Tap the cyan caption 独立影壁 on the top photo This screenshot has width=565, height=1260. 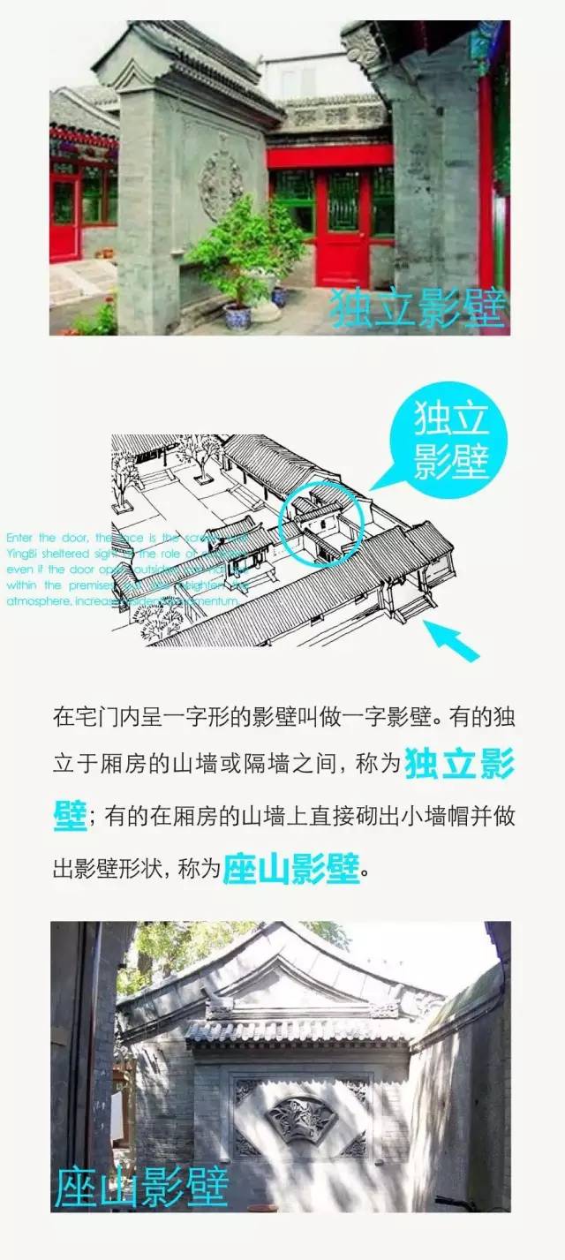click(x=418, y=307)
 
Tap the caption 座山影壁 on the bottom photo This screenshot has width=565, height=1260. click(x=141, y=1188)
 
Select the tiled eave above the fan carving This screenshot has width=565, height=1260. click(x=300, y=1029)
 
